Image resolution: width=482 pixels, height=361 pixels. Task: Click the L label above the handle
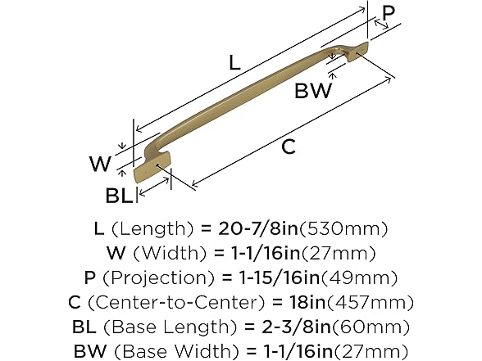tap(234, 61)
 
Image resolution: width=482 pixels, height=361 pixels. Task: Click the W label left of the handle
tap(100, 165)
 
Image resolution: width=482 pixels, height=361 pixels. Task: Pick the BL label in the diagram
tap(119, 196)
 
